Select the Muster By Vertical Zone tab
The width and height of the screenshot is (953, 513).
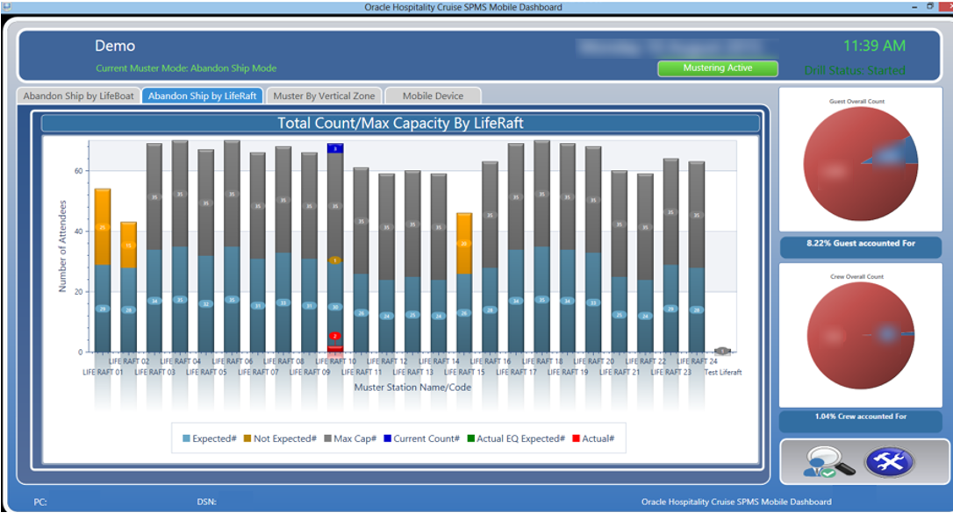tap(324, 96)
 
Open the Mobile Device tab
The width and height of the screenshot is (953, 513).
tap(433, 96)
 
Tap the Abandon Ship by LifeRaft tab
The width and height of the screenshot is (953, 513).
tap(203, 96)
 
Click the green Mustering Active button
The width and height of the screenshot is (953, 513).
tap(717, 68)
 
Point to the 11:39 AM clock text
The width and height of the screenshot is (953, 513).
tap(873, 46)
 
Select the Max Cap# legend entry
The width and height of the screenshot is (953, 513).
tap(352, 438)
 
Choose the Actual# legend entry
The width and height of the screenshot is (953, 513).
tap(594, 438)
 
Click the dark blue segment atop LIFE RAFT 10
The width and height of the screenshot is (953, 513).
tap(335, 148)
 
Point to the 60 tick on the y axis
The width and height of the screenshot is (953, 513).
tap(78, 171)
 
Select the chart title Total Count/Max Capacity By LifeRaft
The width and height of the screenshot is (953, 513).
tap(400, 123)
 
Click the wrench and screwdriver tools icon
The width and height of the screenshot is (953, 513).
tap(889, 461)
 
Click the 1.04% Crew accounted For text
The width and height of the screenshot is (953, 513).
tap(860, 417)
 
